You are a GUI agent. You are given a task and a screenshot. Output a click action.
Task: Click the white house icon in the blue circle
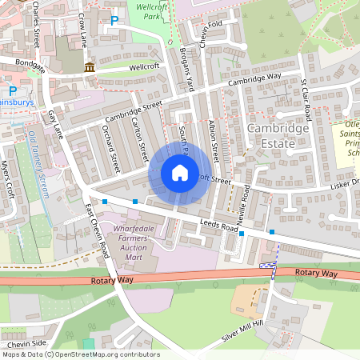(x=180, y=173)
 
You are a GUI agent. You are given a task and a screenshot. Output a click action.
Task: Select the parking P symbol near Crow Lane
(x=114, y=21)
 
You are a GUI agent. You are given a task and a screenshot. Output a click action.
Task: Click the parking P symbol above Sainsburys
(x=12, y=90)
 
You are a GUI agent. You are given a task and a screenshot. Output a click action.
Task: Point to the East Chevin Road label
(x=96, y=230)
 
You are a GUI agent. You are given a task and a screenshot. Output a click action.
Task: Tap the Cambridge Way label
(x=254, y=79)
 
